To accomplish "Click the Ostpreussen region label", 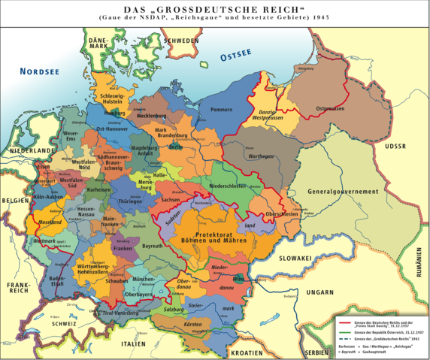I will pos(329,109).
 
